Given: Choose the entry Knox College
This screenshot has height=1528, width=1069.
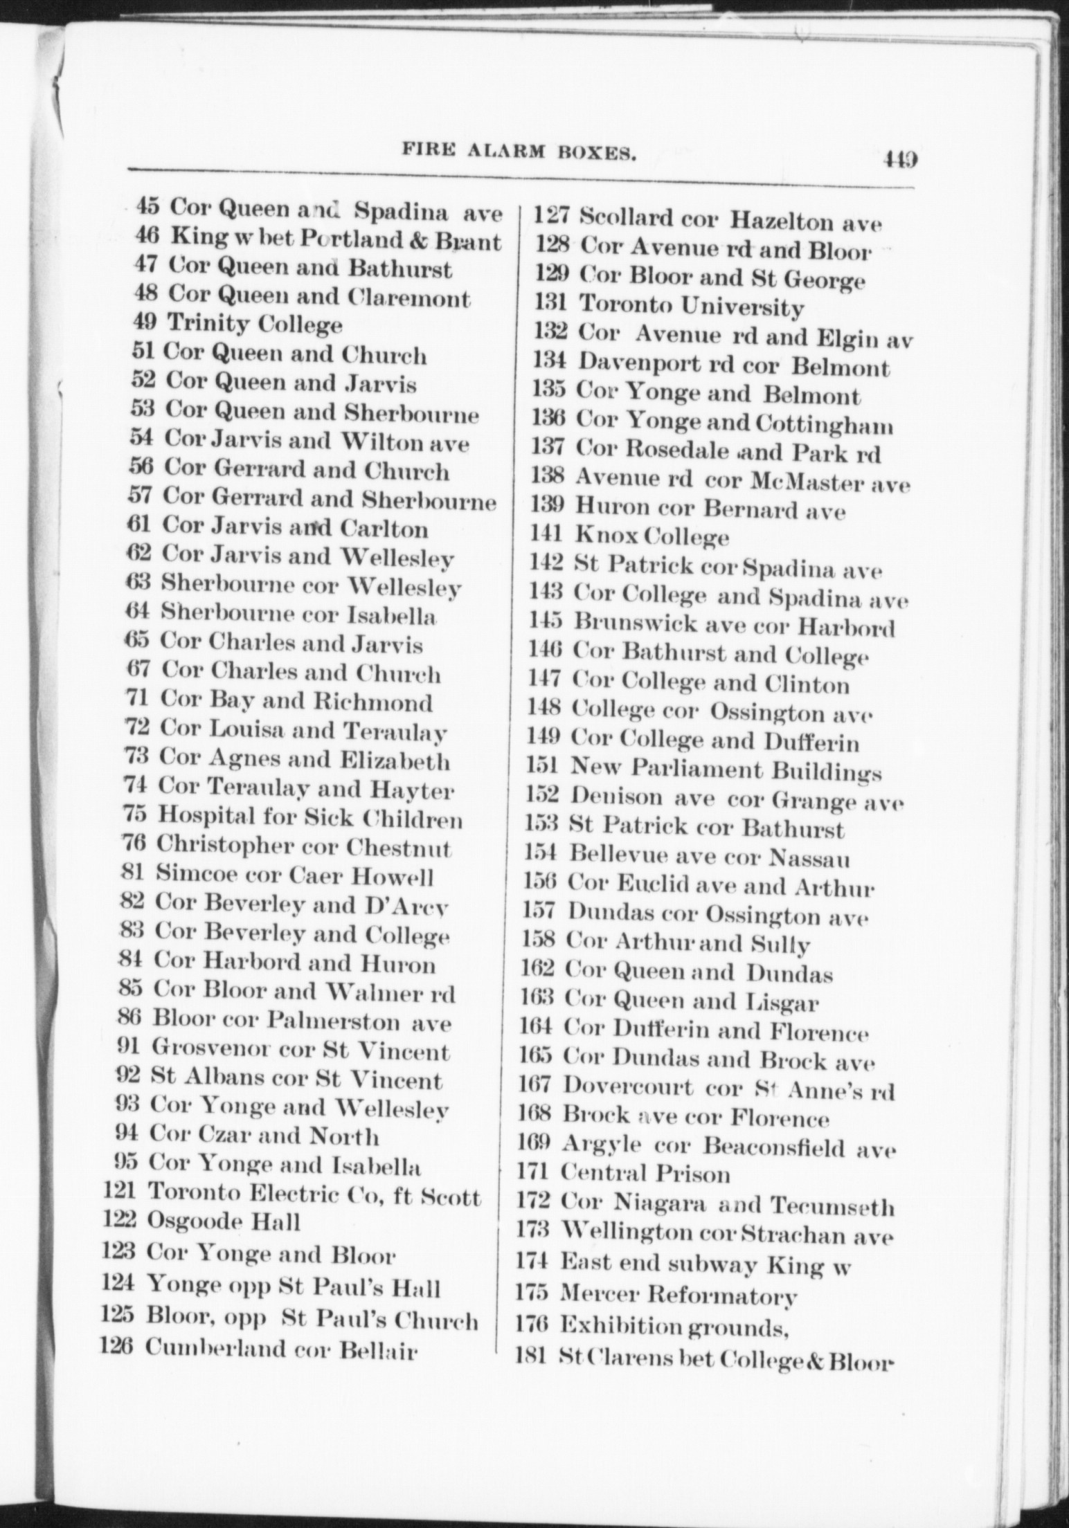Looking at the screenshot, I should point(652,536).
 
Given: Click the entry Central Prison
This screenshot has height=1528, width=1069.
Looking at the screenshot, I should point(645,1174).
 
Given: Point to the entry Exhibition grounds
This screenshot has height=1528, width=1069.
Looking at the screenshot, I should point(675,1326).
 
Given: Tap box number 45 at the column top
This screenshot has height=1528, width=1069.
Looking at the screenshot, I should point(147,206).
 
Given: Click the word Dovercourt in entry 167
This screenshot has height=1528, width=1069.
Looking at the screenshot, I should point(627,1085).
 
